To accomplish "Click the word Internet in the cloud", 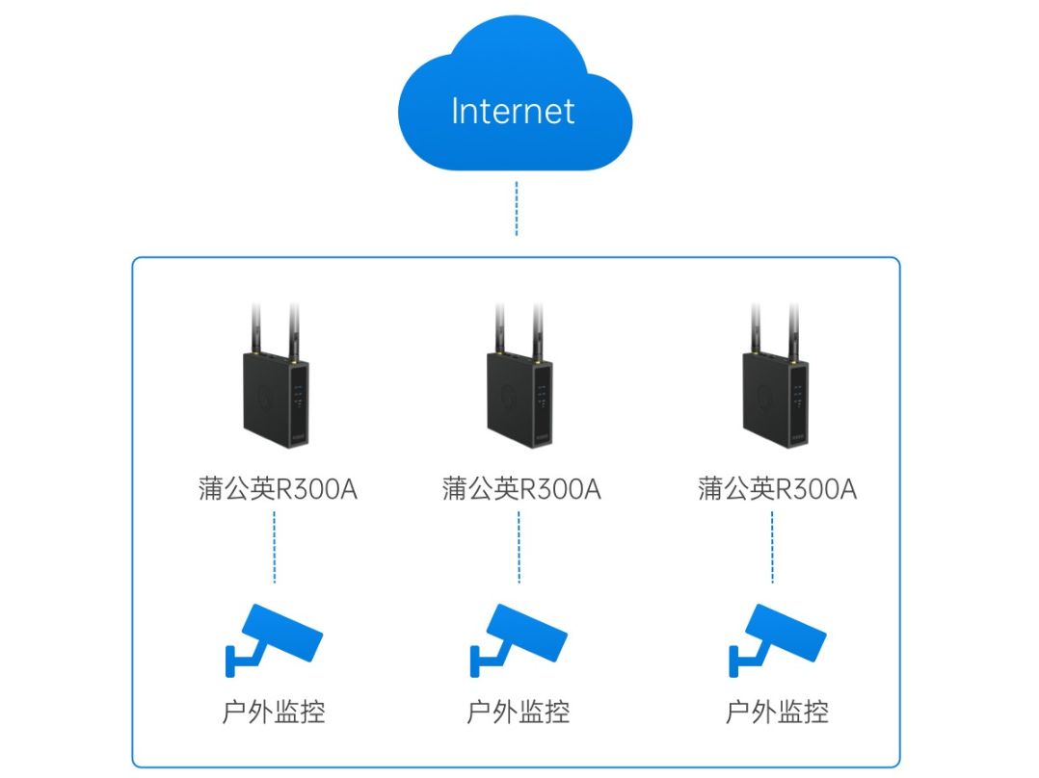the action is click(x=513, y=111).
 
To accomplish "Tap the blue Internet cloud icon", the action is click(x=515, y=92).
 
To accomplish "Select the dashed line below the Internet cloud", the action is click(x=517, y=208).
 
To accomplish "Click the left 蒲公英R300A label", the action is click(x=278, y=488).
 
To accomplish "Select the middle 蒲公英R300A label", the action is click(x=521, y=488).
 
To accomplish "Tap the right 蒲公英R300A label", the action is click(x=777, y=488).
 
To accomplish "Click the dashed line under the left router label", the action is click(x=275, y=547).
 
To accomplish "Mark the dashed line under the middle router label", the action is click(x=519, y=547).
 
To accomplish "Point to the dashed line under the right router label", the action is click(x=773, y=547).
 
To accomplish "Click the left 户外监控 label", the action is click(x=274, y=713).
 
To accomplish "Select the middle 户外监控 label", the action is click(x=519, y=713).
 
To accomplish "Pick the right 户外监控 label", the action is click(x=777, y=713).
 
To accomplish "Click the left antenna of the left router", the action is click(x=255, y=329).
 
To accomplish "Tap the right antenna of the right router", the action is click(x=793, y=332).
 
